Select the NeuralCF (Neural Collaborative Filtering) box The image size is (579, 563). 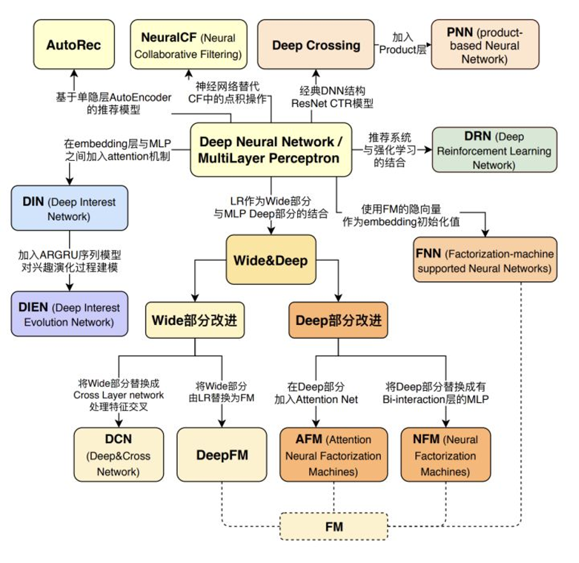(x=187, y=45)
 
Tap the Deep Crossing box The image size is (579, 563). (x=316, y=45)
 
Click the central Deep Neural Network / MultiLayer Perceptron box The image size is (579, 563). (x=271, y=150)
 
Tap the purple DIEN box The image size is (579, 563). (x=69, y=315)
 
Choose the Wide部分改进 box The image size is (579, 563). (x=194, y=319)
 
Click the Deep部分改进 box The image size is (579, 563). (x=338, y=319)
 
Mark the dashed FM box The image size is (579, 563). (x=333, y=527)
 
